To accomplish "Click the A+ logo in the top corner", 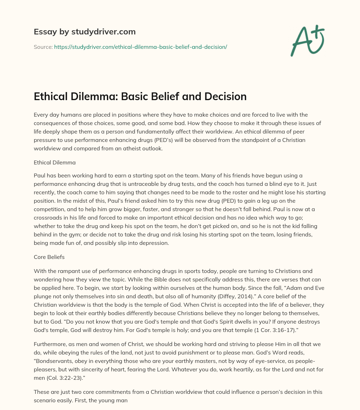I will (x=307, y=41).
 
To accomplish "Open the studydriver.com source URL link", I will (x=141, y=47).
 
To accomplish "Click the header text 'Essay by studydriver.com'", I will (x=84, y=32).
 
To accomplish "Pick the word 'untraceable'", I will (x=163, y=184).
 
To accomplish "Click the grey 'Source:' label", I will (x=43, y=47).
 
